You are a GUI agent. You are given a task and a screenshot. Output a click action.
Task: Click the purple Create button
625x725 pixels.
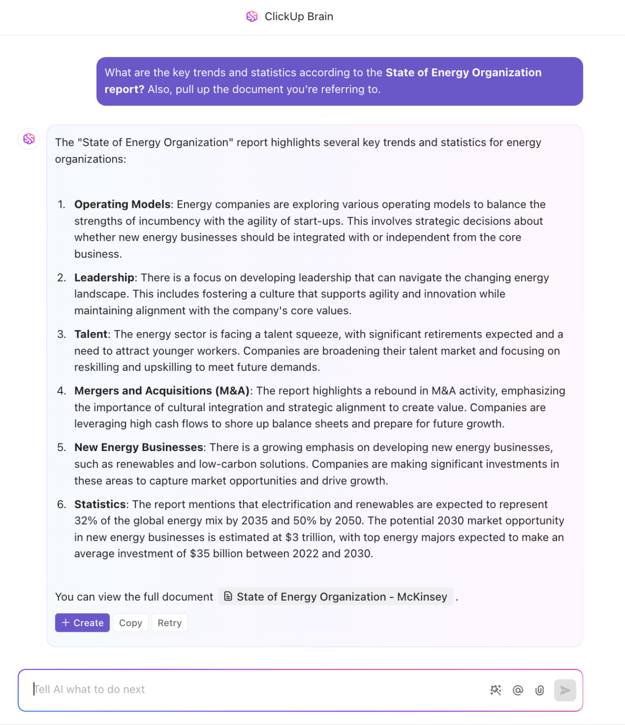pyautogui.click(x=82, y=623)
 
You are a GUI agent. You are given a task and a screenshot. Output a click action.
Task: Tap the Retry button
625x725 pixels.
pyautogui.click(x=169, y=623)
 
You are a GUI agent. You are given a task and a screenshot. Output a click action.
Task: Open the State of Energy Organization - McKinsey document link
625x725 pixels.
pyautogui.click(x=336, y=597)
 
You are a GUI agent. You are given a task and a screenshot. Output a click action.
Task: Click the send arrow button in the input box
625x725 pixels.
pyautogui.click(x=565, y=690)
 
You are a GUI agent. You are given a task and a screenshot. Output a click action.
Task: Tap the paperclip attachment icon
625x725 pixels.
pyautogui.click(x=539, y=690)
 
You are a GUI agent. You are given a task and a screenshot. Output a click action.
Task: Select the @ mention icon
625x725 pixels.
pyautogui.click(x=518, y=690)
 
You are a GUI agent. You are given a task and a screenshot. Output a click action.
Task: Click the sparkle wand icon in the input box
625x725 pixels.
pyautogui.click(x=495, y=690)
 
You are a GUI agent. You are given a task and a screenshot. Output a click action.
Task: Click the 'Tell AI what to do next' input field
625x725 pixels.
pyautogui.click(x=249, y=690)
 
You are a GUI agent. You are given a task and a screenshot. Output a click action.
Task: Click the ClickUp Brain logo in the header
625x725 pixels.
pyautogui.click(x=252, y=17)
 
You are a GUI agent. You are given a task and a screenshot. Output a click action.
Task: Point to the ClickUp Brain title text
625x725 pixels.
pyautogui.click(x=299, y=17)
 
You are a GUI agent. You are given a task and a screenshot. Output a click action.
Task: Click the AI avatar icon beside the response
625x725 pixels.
pyautogui.click(x=29, y=139)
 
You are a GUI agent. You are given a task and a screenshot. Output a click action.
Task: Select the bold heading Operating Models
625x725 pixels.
pyautogui.click(x=122, y=205)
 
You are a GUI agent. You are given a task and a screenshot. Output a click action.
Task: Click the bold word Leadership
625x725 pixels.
pyautogui.click(x=104, y=278)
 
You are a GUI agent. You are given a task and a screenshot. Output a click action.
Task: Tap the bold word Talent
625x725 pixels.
pyautogui.click(x=91, y=335)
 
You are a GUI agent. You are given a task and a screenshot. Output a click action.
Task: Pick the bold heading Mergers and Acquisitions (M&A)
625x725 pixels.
pyautogui.click(x=162, y=391)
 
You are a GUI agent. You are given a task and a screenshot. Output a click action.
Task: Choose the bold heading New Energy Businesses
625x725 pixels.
pyautogui.click(x=138, y=447)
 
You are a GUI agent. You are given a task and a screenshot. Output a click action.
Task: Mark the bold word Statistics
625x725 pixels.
pyautogui.click(x=100, y=504)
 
